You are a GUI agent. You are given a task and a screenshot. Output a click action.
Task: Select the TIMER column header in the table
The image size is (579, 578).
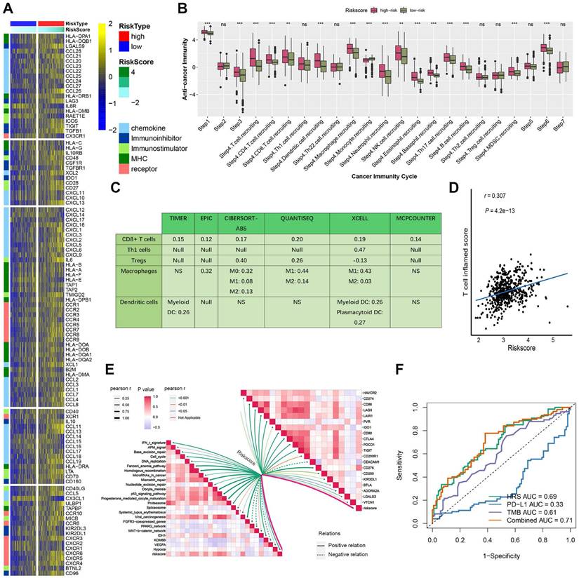pos(178,219)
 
